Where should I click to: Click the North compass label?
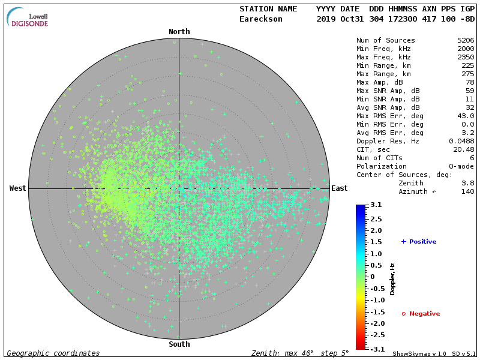(x=179, y=32)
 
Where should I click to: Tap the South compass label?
(x=179, y=344)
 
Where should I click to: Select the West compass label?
(x=18, y=188)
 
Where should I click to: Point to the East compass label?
(x=340, y=188)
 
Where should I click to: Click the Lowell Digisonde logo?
(x=28, y=18)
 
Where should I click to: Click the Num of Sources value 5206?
(x=465, y=40)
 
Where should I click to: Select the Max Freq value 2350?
(x=465, y=57)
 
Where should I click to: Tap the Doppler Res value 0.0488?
(x=461, y=141)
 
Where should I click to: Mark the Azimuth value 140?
(x=467, y=191)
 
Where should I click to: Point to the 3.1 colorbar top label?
(x=376, y=205)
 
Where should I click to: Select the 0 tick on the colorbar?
(x=372, y=277)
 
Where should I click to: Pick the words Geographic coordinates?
(x=53, y=353)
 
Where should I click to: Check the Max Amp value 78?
(x=470, y=82)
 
